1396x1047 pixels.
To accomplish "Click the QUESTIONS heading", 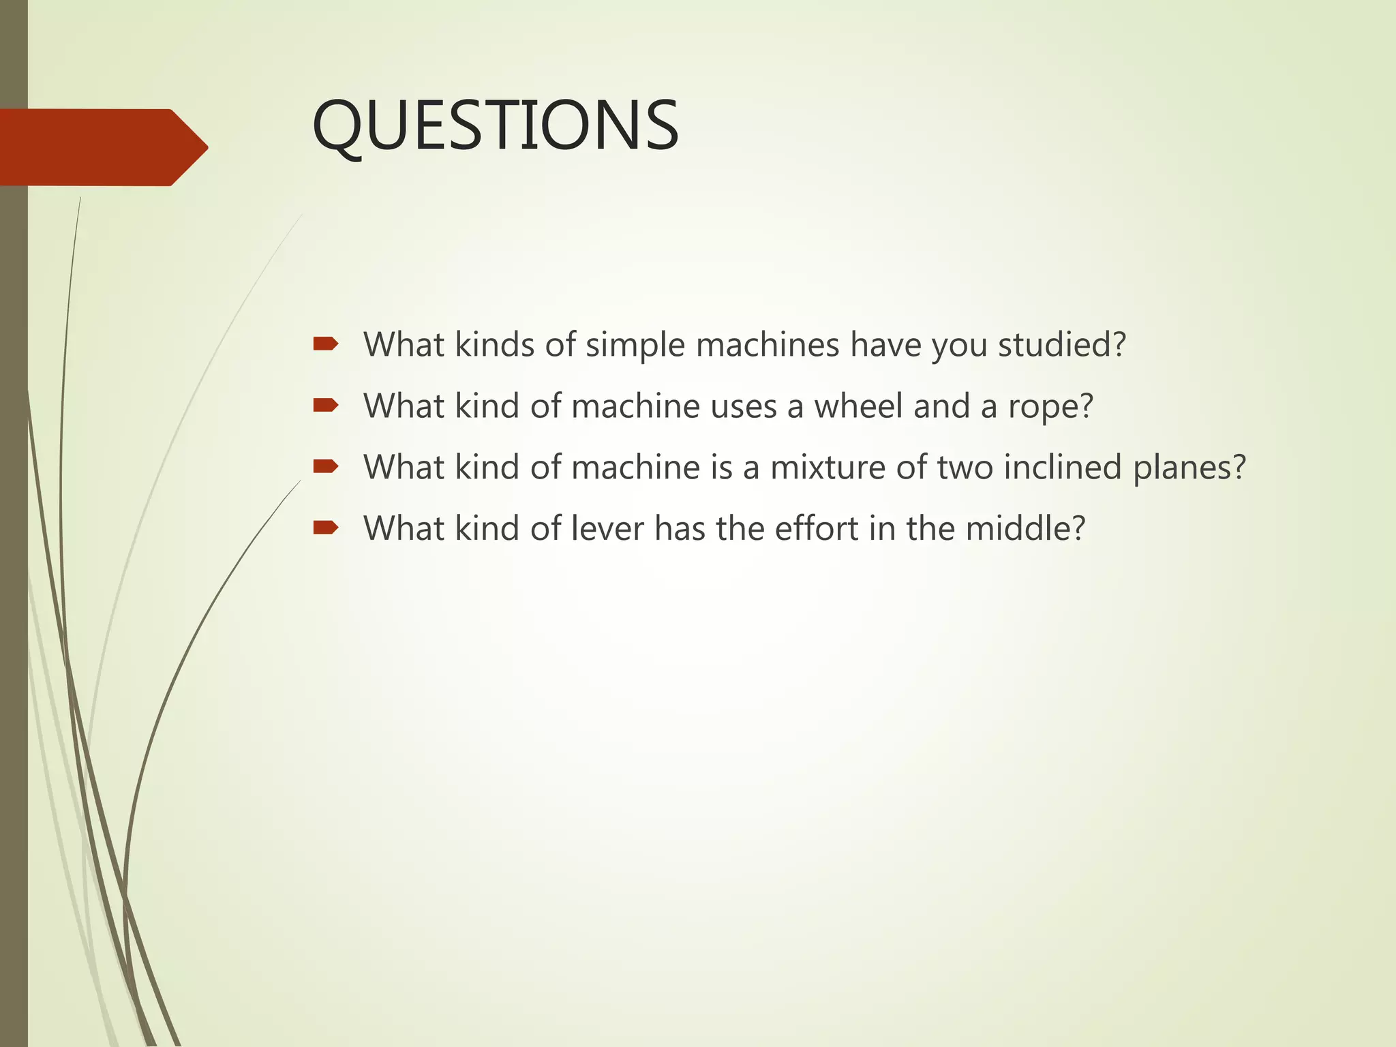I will [x=495, y=126].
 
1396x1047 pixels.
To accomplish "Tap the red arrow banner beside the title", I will [x=102, y=147].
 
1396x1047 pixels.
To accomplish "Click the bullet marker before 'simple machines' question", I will [x=325, y=344].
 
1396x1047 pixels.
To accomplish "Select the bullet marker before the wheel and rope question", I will [x=325, y=406].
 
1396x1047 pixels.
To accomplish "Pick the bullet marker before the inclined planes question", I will [x=325, y=467].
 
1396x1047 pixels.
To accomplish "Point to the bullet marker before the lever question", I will [x=325, y=528].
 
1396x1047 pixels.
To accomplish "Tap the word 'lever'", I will [x=607, y=529].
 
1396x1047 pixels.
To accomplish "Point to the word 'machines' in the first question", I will [x=768, y=344].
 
